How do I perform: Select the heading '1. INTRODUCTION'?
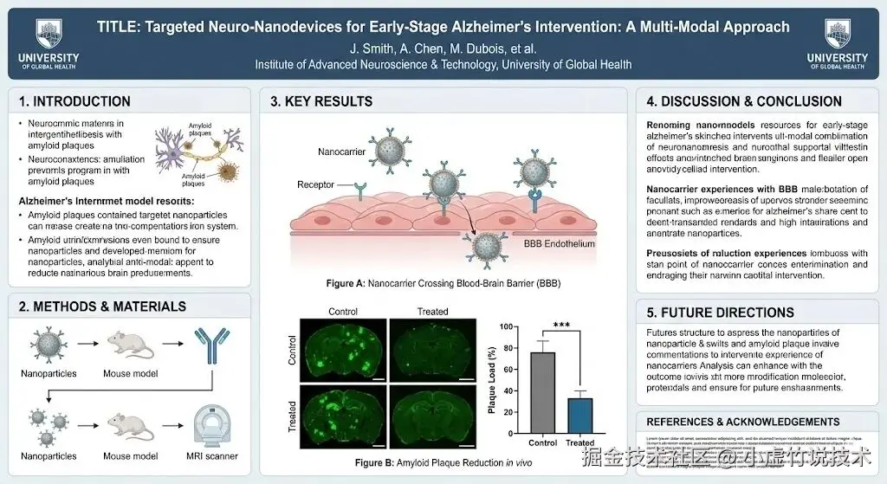pos(74,101)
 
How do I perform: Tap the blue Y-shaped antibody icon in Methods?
pos(210,345)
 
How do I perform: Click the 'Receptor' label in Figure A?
pos(315,184)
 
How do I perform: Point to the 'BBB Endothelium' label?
pos(560,244)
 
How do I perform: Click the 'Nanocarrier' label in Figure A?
pos(341,152)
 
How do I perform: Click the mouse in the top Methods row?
pos(130,345)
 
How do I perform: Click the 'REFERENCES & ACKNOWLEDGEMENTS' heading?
pos(743,422)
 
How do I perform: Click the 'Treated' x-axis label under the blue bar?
pos(580,443)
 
